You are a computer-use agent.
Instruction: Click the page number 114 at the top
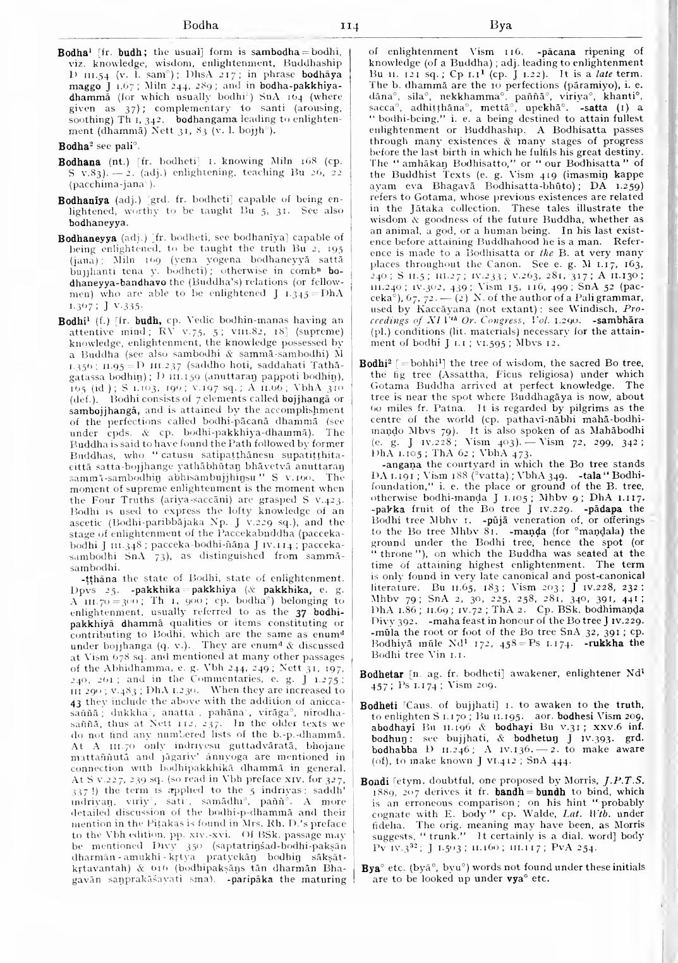click(x=349, y=27)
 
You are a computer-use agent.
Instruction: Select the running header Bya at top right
click(x=500, y=27)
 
